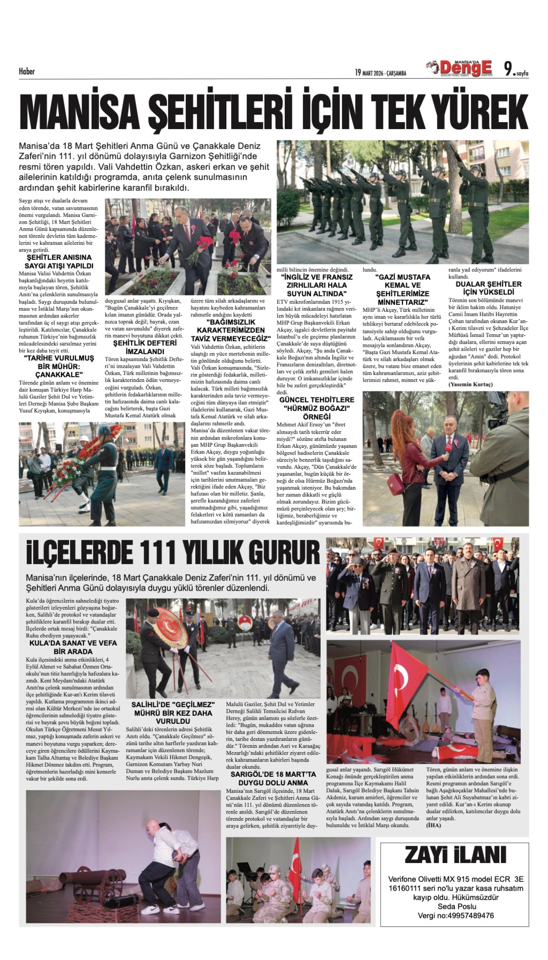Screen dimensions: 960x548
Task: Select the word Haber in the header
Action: (27, 71)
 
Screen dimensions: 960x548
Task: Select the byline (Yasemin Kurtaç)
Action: (470, 384)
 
